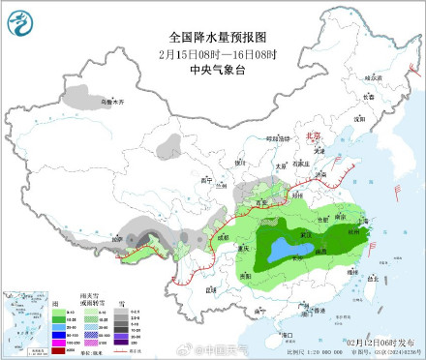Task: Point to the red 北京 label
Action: tap(312, 137)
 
